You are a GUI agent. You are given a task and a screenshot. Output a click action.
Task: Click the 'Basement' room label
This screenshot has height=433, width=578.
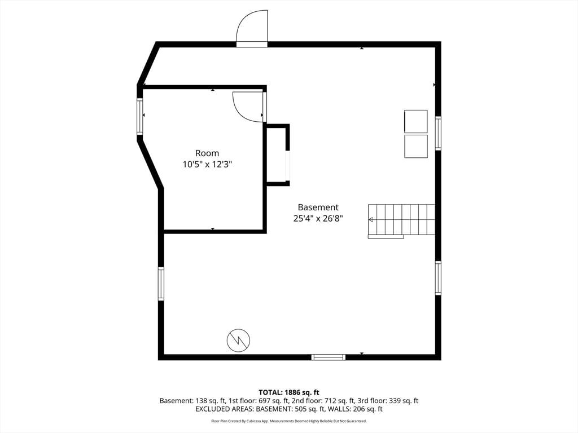tap(318, 207)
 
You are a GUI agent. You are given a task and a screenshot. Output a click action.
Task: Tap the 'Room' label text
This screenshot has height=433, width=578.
tap(207, 153)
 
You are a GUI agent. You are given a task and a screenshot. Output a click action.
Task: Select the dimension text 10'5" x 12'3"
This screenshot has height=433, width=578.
tap(207, 165)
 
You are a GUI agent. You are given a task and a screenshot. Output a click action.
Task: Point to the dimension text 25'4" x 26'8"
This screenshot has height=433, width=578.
tap(318, 219)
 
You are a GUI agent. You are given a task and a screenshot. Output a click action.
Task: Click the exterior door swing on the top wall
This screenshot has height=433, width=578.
tap(252, 28)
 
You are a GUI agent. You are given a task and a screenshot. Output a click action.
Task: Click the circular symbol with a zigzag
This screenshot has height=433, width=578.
tap(238, 340)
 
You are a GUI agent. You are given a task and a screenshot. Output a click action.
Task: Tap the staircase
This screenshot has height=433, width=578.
tap(402, 220)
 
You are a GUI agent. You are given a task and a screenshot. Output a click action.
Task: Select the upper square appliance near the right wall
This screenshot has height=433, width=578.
tap(416, 121)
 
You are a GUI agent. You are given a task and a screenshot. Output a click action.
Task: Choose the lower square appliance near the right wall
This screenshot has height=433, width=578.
tap(416, 146)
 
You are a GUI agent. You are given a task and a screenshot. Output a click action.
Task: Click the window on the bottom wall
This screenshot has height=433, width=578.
tap(328, 357)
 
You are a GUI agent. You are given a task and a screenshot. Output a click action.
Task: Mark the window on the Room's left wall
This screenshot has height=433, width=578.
tap(139, 116)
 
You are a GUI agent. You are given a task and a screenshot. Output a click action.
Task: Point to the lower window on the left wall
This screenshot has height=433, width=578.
tap(161, 284)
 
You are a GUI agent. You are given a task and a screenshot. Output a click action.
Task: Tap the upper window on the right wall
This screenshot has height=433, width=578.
tap(438, 132)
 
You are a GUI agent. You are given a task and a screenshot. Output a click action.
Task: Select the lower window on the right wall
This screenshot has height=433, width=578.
tap(438, 277)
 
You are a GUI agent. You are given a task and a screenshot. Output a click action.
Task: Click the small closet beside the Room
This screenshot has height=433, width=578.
tap(277, 155)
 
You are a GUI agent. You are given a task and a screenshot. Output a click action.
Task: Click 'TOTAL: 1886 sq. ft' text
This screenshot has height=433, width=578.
tap(289, 392)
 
